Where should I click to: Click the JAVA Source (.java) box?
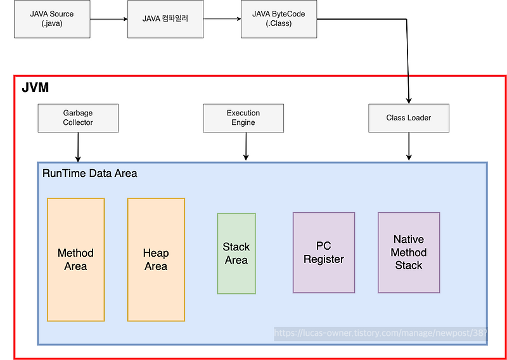coord(51,19)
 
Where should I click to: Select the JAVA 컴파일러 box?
coord(166,19)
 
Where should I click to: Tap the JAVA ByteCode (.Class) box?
coord(279,19)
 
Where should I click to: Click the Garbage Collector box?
coord(78,118)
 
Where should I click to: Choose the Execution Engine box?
coord(243,118)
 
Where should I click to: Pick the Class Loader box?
coord(409,118)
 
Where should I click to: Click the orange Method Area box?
coord(75,259)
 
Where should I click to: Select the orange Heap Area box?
coord(156,259)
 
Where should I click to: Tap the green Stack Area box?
coord(236,254)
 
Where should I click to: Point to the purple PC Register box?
coord(324,253)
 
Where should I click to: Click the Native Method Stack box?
coord(409,252)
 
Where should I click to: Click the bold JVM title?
coord(35,87)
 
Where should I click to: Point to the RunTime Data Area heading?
coord(89,173)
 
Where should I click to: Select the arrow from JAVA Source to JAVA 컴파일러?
coord(108,19)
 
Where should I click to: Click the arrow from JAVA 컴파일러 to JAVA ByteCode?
coord(222,19)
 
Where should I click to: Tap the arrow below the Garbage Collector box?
coord(78,147)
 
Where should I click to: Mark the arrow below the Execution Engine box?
coord(246,147)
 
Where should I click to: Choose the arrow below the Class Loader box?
coord(409,147)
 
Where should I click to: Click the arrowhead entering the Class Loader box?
coord(409,100)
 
